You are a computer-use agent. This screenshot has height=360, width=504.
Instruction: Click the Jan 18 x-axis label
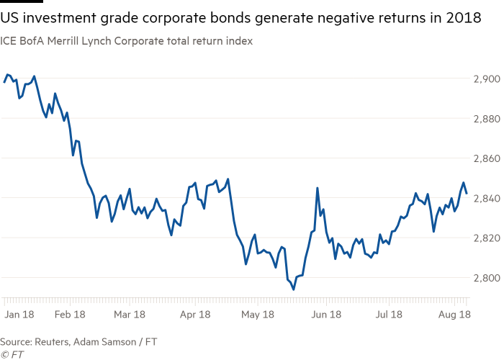pyautogui.click(x=19, y=315)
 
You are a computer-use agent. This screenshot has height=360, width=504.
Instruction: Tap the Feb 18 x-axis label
pyautogui.click(x=70, y=315)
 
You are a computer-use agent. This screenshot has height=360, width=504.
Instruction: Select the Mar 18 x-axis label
pyautogui.click(x=130, y=315)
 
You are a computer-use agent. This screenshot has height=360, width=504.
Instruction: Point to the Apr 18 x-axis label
pyautogui.click(x=195, y=315)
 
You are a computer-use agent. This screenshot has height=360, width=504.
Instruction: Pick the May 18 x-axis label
pyautogui.click(x=258, y=315)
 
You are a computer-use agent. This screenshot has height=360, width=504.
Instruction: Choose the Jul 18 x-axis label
pyautogui.click(x=389, y=315)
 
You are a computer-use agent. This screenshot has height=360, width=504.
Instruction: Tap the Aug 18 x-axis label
pyautogui.click(x=454, y=315)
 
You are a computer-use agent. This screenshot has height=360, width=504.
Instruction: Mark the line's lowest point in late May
pyautogui.click(x=293, y=289)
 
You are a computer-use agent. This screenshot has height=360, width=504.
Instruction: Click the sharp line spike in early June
pyautogui.click(x=318, y=188)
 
